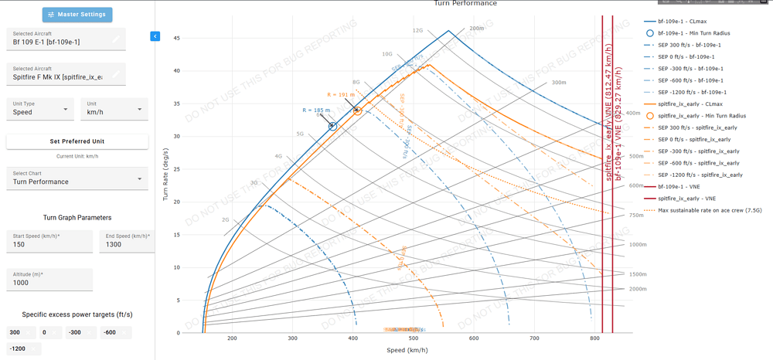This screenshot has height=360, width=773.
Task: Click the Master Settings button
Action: [77, 15]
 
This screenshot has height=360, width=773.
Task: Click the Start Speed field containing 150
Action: [48, 244]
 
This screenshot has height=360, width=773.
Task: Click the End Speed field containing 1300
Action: [126, 244]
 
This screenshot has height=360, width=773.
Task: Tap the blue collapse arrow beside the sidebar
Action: [155, 36]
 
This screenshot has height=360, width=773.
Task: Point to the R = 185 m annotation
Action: [316, 110]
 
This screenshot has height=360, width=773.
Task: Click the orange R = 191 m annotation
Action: [341, 95]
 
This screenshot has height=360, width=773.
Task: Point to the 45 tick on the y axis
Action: [177, 38]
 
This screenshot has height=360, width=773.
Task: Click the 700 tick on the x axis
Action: [534, 339]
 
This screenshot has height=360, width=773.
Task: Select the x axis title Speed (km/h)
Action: [407, 351]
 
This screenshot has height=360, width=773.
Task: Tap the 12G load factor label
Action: [417, 31]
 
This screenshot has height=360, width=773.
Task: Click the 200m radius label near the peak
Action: [476, 29]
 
